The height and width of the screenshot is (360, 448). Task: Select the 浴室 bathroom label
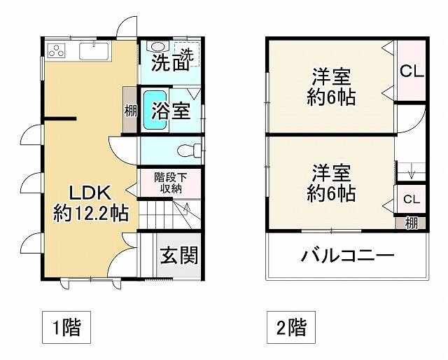[x=171, y=110]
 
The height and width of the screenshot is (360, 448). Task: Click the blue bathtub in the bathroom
[x=155, y=110]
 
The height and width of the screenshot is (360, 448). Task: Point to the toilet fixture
[x=188, y=149]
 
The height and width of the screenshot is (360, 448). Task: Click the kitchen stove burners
[x=57, y=50]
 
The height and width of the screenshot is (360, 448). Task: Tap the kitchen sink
[x=92, y=51]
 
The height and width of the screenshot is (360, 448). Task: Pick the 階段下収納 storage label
[x=171, y=183]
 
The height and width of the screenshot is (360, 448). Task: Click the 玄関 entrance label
[x=178, y=256]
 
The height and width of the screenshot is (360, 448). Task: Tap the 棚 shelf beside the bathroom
[x=131, y=111]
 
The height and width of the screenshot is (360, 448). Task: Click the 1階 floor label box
[x=67, y=327]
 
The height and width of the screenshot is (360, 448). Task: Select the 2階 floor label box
[x=290, y=327]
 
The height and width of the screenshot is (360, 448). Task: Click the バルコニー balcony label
[x=347, y=255]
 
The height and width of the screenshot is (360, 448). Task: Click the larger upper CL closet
[x=411, y=70]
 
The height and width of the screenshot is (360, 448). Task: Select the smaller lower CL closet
[x=411, y=199]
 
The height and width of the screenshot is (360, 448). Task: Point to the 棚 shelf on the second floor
[x=411, y=223]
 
